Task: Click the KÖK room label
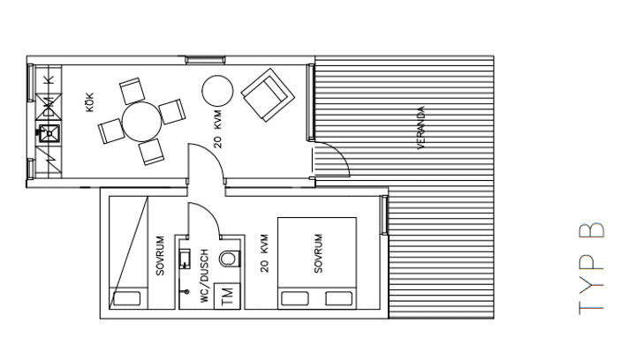coord(89,102)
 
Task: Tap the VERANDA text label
coord(421,128)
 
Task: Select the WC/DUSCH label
coord(204,275)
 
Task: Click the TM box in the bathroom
coord(227,296)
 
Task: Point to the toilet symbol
coord(230,259)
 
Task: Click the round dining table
coord(142,122)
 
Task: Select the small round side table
coord(217,91)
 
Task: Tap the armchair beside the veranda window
coord(268,95)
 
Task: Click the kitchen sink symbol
coord(49,133)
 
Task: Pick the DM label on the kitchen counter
coord(49,107)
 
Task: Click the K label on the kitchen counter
coord(49,79)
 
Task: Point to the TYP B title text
coord(591,268)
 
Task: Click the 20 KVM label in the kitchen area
coord(218,129)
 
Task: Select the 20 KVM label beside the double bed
coord(264,253)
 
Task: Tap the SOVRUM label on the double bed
coord(318,253)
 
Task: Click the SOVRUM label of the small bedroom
coord(160,256)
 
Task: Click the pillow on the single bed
coord(127,298)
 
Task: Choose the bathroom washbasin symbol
coord(185,259)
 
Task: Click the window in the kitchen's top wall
coord(205,60)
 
